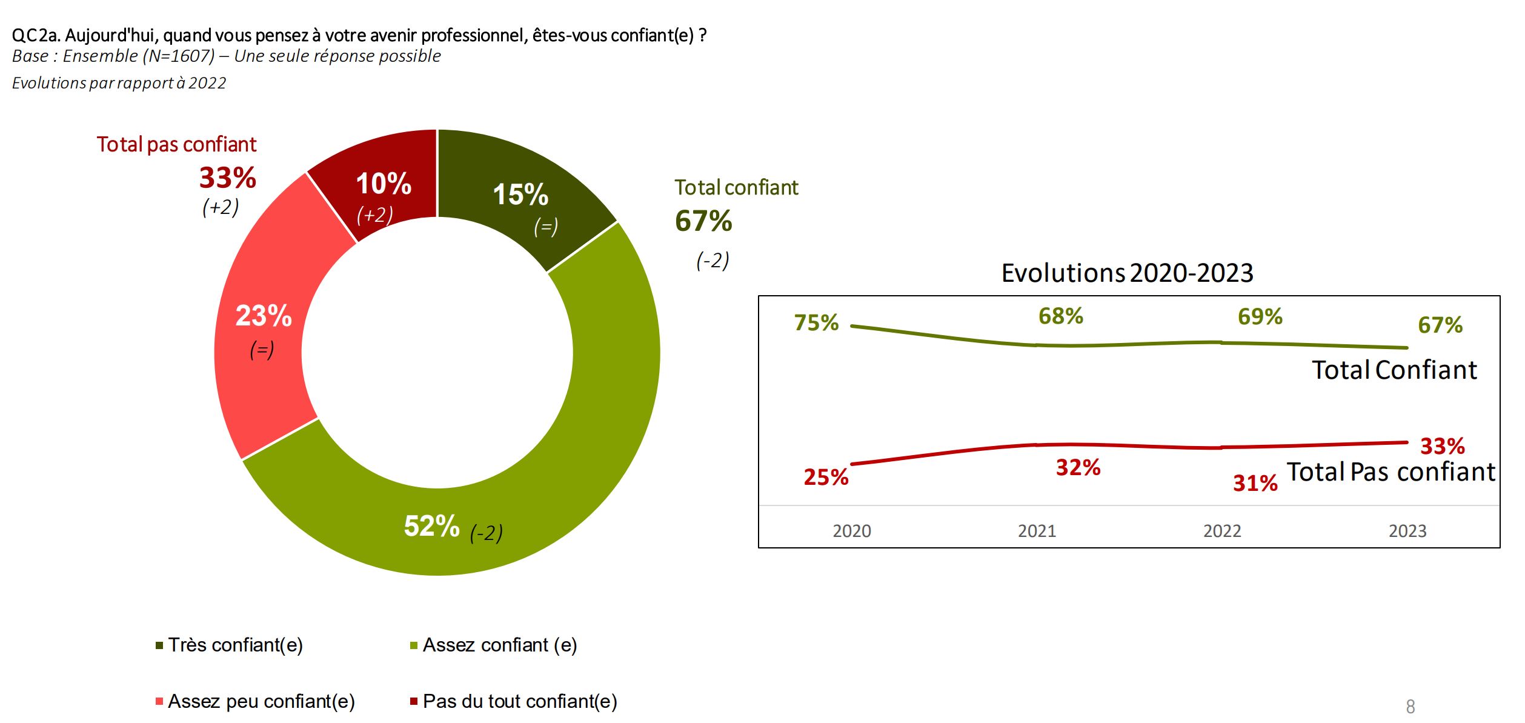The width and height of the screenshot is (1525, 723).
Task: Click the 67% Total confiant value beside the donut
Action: [x=703, y=221]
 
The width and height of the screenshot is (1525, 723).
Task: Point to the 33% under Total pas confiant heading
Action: [x=228, y=178]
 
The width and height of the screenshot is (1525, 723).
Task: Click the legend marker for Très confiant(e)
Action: [x=159, y=645]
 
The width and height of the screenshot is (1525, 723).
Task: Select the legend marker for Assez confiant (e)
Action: [x=414, y=645]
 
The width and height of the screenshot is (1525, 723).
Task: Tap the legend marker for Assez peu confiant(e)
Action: [x=159, y=701]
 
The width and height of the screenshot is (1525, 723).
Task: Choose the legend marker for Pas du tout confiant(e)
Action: [x=414, y=701]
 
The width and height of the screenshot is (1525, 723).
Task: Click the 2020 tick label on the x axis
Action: [x=851, y=531]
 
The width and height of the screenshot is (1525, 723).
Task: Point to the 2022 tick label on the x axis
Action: [x=1222, y=531]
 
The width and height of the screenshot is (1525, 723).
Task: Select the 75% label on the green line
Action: [x=816, y=322]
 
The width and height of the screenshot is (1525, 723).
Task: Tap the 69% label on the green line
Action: [x=1260, y=316]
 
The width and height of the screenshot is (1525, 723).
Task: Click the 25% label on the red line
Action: [x=826, y=478]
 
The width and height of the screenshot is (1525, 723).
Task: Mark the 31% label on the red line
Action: [x=1255, y=483]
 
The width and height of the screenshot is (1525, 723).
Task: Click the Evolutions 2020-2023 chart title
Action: [x=1127, y=273]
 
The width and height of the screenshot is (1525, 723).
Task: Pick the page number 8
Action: [x=1410, y=707]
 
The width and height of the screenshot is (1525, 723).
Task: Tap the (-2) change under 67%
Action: [x=713, y=261]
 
